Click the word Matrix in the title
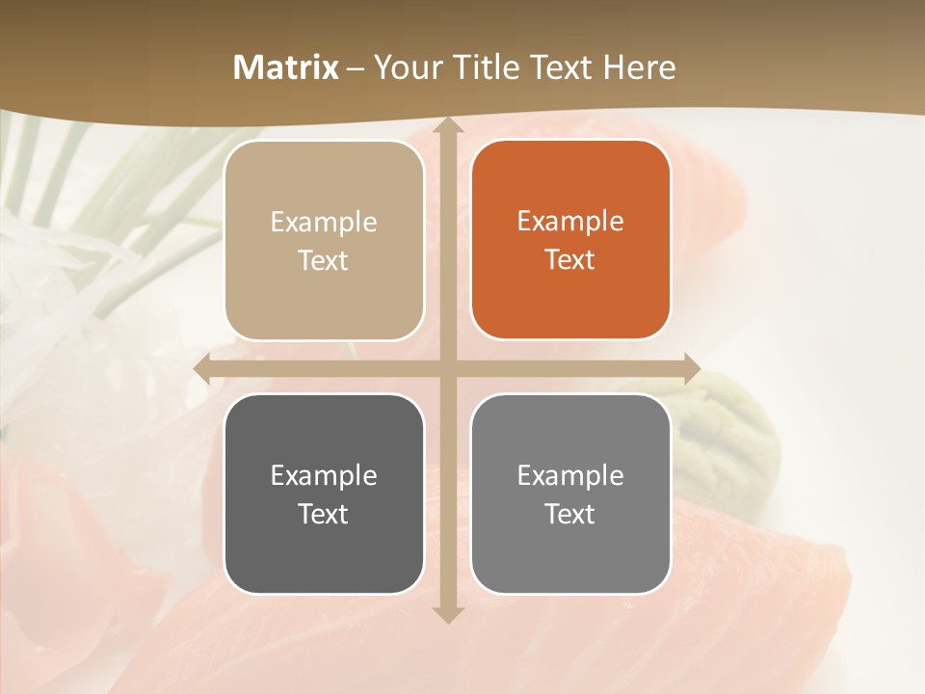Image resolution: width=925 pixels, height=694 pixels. [x=286, y=67]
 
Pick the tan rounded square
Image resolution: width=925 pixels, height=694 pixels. [x=324, y=240]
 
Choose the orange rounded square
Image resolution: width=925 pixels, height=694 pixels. [x=570, y=240]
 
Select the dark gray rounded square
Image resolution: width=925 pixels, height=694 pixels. [x=324, y=494]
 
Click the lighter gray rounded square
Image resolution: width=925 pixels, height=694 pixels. [x=570, y=494]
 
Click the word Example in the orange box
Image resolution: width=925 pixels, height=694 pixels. [x=570, y=222]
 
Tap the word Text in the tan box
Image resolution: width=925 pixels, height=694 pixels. [x=324, y=261]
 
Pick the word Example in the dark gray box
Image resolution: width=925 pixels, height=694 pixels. [x=324, y=475]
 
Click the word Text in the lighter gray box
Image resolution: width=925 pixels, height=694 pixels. [x=570, y=514]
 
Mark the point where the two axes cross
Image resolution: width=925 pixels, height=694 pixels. [x=447, y=369]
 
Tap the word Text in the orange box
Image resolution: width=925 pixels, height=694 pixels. [x=570, y=260]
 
